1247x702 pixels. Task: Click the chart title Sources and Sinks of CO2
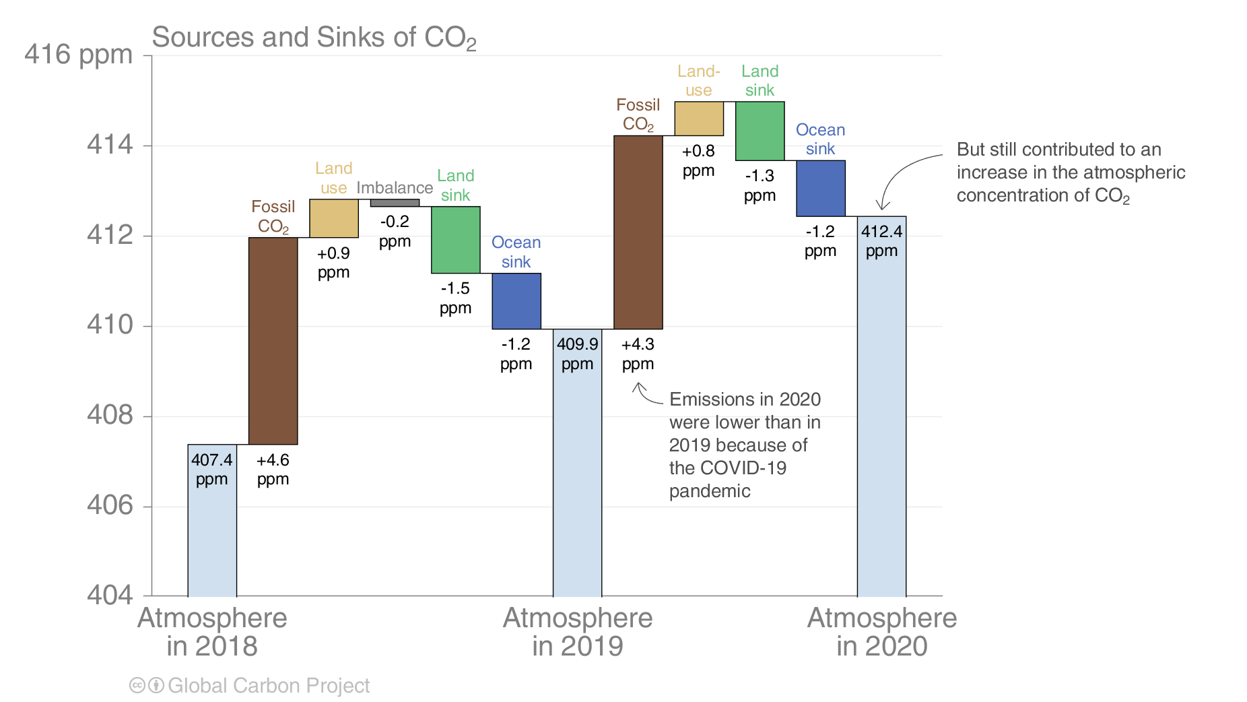point(314,38)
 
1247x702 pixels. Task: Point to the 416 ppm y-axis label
point(78,55)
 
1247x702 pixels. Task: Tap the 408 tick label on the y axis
point(110,415)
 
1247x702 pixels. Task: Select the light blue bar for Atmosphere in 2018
point(212,520)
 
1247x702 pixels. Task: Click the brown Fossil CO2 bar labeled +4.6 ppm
point(273,341)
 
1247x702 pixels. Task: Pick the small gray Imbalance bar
point(395,203)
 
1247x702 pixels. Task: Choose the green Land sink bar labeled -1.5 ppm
point(456,240)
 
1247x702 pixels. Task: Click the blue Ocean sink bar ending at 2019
point(516,301)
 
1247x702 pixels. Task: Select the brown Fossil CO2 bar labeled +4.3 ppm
point(638,232)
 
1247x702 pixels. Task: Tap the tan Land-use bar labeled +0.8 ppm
point(699,119)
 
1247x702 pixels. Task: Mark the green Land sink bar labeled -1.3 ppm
point(760,131)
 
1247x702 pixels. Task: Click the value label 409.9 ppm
point(578,354)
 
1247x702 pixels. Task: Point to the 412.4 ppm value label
point(882,241)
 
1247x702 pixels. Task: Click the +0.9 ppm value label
point(334,263)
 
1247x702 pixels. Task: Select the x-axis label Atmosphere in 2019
point(578,632)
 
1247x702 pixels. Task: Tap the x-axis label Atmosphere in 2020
point(882,632)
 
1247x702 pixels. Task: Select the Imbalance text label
point(395,188)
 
